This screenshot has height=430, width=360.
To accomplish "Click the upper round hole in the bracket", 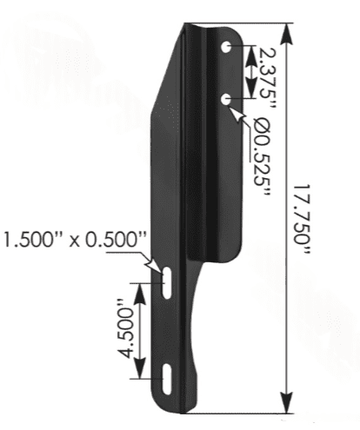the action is pos(226,47).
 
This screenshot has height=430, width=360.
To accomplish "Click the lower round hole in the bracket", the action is pos(225,100).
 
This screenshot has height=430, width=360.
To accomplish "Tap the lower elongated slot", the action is pos(167,379).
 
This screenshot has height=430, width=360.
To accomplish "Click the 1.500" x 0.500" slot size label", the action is pos(73,240).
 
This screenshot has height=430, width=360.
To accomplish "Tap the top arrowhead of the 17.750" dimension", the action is pos(287,34).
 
